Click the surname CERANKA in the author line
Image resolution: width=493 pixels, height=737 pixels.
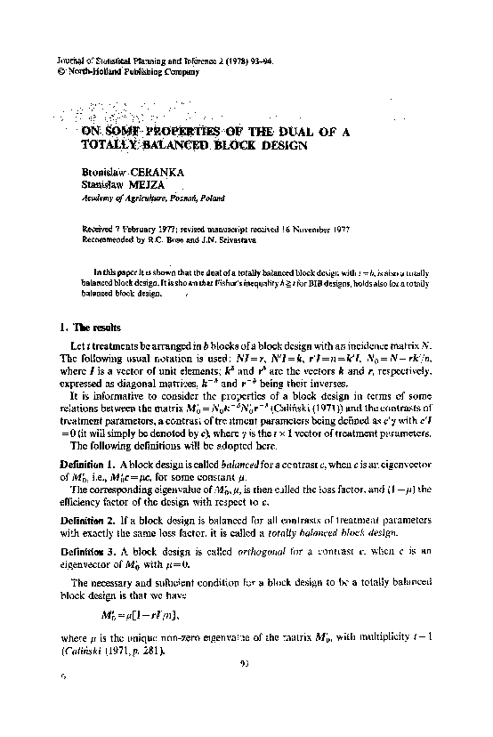coord(163,169)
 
